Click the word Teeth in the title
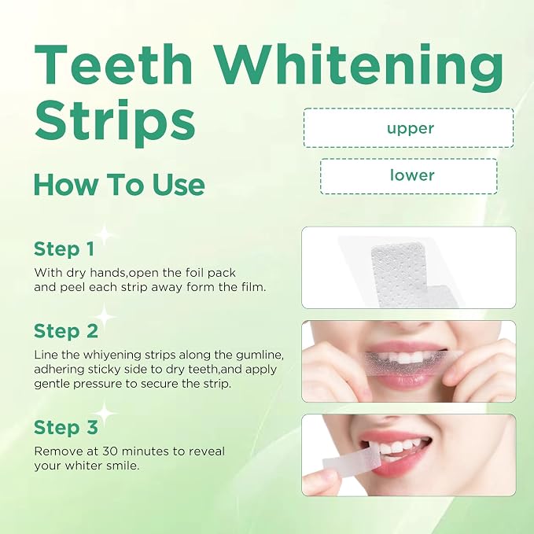click(x=114, y=64)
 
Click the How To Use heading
click(x=120, y=184)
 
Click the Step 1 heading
click(x=64, y=249)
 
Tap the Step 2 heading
click(x=66, y=330)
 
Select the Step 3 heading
click(x=66, y=427)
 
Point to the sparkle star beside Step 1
click(x=105, y=234)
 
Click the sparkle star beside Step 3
click(x=105, y=413)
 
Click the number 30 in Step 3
click(x=110, y=451)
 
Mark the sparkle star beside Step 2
click(x=105, y=317)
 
